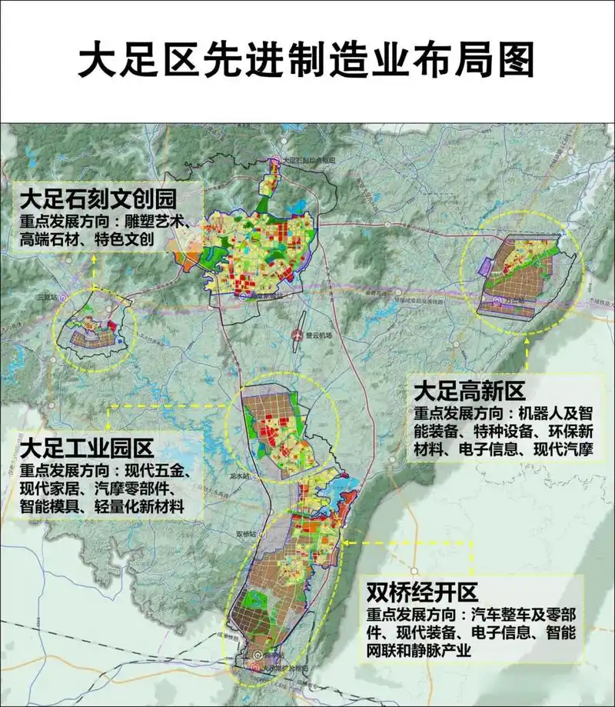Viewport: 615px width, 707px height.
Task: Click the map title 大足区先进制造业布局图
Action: pos(307,58)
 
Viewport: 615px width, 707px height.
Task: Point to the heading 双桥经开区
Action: pos(422,592)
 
